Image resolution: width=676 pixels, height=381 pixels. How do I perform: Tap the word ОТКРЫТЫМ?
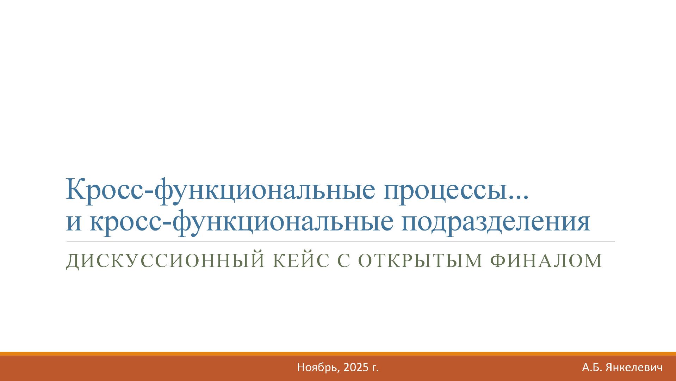pyautogui.click(x=420, y=261)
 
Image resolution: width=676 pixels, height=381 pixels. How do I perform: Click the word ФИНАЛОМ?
pyautogui.click(x=546, y=261)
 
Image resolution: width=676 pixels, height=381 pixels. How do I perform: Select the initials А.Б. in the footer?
pyautogui.click(x=592, y=368)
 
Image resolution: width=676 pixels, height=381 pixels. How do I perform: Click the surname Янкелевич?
pyautogui.click(x=634, y=368)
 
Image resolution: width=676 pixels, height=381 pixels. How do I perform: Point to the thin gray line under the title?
pyautogui.click(x=340, y=241)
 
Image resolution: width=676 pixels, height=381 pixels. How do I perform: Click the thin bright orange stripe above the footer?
pyautogui.click(x=338, y=354)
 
